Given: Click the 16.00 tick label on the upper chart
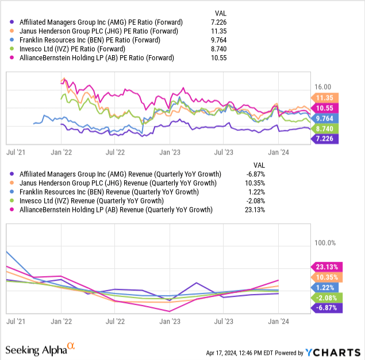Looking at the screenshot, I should (x=324, y=86).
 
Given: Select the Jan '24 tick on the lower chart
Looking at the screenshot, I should (x=278, y=322).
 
